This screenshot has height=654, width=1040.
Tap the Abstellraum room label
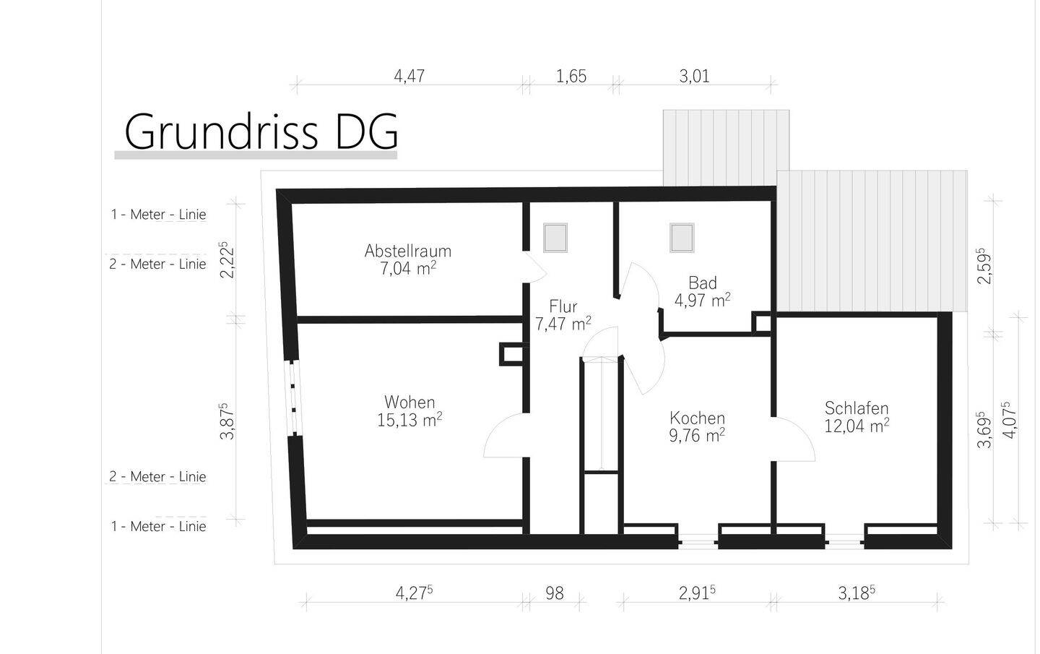tap(407, 251)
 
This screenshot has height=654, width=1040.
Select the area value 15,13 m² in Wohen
tap(409, 420)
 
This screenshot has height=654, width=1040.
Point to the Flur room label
tap(563, 306)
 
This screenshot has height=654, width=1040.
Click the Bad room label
tap(702, 283)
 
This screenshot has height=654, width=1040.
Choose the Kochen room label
tap(697, 418)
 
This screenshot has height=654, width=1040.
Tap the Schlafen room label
tap(857, 408)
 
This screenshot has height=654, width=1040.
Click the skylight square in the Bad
tap(682, 238)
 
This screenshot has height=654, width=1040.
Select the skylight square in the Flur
tap(555, 238)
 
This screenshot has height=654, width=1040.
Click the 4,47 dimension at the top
tap(409, 76)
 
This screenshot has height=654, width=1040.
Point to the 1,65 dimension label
tap(571, 76)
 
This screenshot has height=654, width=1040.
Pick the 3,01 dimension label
tap(694, 76)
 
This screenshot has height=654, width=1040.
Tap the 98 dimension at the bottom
tap(555, 593)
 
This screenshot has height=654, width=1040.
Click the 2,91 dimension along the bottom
tap(696, 593)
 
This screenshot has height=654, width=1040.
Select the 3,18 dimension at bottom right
tap(856, 593)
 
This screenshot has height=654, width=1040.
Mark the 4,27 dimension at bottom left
tap(414, 593)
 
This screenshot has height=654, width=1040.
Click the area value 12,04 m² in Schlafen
tap(857, 426)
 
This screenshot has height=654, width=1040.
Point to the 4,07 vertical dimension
tap(1009, 420)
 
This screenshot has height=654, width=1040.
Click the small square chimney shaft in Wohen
tap(513, 354)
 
